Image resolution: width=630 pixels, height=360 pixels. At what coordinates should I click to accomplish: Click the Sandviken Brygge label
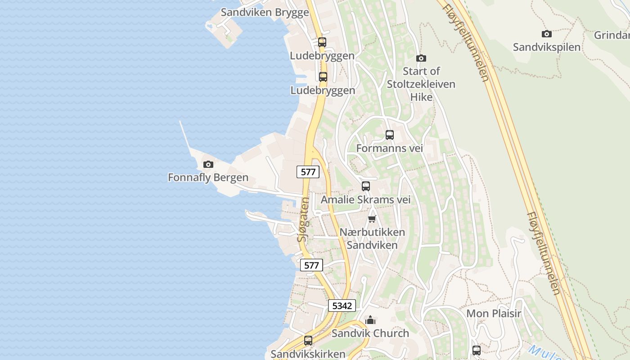(x=265, y=12)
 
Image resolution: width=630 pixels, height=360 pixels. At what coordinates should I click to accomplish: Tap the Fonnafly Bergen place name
(x=208, y=177)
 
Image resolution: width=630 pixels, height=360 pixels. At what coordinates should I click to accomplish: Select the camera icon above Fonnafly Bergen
(x=208, y=165)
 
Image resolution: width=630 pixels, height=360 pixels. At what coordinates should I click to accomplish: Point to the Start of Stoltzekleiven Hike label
(x=421, y=84)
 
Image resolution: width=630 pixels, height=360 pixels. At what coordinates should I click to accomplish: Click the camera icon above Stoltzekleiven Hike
(x=421, y=58)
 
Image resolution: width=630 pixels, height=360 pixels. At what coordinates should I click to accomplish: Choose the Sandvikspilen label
(x=547, y=47)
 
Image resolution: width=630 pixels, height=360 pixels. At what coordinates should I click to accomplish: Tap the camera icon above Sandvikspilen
(x=547, y=34)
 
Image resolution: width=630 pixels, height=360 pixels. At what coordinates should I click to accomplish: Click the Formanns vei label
(x=389, y=148)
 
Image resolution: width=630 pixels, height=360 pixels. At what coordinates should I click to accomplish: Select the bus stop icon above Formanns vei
(x=390, y=135)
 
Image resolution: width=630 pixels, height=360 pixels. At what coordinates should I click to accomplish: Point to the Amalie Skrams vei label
(x=365, y=199)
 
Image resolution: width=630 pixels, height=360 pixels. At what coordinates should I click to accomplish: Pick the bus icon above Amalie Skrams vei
(x=366, y=186)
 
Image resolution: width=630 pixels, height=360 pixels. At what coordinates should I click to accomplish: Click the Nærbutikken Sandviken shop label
(x=372, y=238)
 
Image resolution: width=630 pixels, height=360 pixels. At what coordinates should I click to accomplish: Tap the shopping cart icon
(x=372, y=219)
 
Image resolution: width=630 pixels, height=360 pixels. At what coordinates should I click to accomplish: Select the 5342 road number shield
(x=342, y=306)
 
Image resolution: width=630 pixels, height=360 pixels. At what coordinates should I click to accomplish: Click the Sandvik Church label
(x=370, y=333)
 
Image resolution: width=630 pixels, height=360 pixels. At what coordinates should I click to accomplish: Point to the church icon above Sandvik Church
(x=370, y=320)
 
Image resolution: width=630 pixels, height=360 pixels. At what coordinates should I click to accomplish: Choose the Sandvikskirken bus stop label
(x=308, y=354)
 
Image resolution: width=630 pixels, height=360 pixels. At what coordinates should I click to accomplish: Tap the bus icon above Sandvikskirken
(x=308, y=341)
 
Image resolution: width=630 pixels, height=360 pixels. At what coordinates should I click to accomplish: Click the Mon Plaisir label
(x=494, y=313)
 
